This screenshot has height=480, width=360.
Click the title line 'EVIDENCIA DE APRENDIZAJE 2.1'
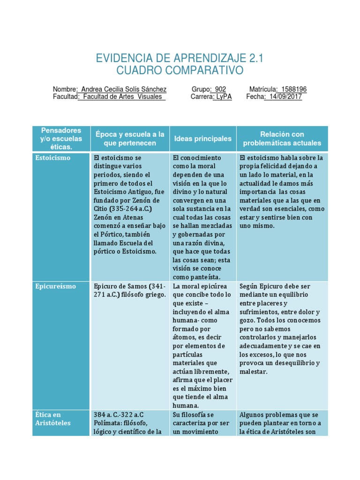click(x=180, y=59)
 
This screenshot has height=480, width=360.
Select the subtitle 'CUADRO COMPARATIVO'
click(x=180, y=71)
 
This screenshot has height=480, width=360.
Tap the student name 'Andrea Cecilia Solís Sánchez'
click(x=124, y=89)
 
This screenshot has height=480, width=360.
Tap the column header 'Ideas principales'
click(x=202, y=139)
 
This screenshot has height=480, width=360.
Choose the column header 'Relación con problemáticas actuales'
click(x=282, y=139)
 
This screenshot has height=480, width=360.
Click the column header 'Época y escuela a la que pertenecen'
click(x=130, y=139)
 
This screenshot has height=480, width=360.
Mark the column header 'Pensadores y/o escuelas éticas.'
click(x=61, y=139)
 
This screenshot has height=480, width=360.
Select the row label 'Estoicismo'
click(x=53, y=158)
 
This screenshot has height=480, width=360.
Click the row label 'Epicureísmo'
click(x=55, y=286)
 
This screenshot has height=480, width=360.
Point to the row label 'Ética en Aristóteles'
click(x=53, y=419)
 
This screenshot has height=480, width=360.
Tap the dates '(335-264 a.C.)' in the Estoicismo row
click(x=130, y=209)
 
